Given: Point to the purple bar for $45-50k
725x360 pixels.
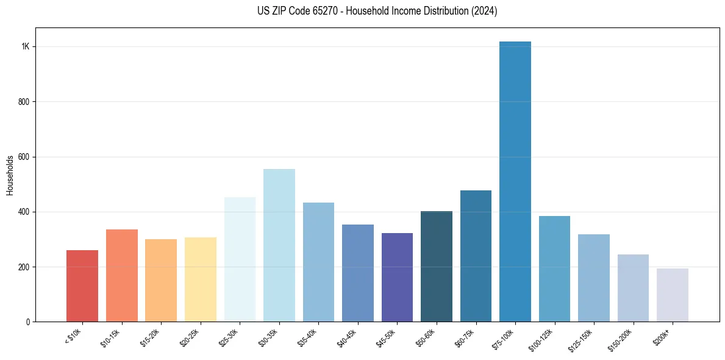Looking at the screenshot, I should [397, 277].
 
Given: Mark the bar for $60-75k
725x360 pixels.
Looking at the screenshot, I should [476, 256].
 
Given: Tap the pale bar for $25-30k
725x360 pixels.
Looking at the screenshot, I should [240, 259].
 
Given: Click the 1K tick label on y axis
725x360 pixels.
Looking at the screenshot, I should [26, 47].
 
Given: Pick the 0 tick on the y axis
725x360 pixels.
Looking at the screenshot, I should [28, 322].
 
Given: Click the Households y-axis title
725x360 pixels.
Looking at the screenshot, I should [10, 175].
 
